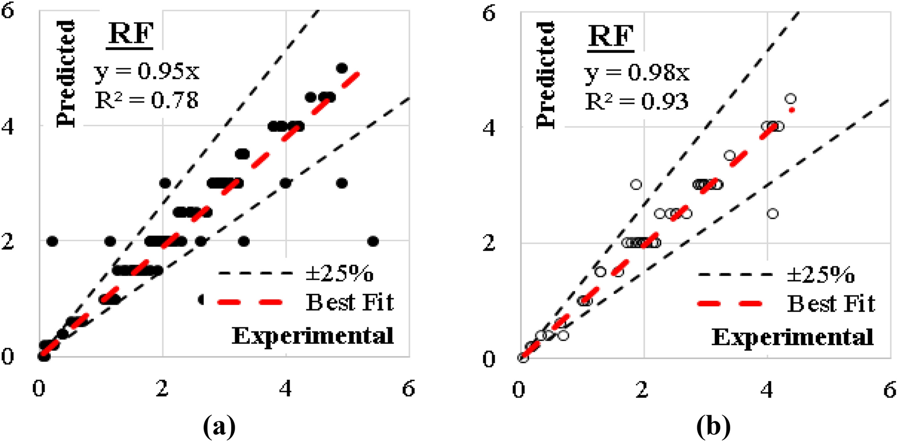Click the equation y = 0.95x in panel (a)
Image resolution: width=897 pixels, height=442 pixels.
click(147, 71)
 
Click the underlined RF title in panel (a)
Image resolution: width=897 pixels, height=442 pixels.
click(130, 34)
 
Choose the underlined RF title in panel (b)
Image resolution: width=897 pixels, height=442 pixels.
click(611, 36)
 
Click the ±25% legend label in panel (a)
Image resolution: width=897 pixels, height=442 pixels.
click(340, 274)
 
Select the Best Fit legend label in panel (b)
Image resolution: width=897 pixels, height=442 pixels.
click(831, 304)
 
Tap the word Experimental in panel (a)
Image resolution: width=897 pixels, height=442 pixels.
click(313, 336)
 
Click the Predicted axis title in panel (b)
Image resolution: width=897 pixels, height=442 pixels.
click(546, 75)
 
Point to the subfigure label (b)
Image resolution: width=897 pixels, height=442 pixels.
click(713, 427)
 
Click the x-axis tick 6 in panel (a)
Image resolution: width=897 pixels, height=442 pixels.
click(408, 389)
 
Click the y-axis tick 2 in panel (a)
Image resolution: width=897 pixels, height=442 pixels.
click(8, 241)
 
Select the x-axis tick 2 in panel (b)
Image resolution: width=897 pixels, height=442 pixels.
click(642, 390)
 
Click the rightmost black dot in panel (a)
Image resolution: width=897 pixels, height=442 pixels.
click(373, 241)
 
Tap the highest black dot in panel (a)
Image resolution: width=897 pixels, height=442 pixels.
click(342, 68)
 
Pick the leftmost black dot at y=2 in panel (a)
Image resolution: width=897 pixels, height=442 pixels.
click(52, 241)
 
